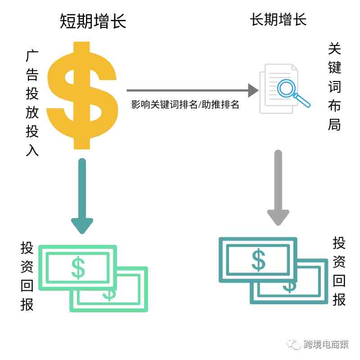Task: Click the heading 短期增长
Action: pyautogui.click(x=93, y=21)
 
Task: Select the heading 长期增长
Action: pyautogui.click(x=278, y=19)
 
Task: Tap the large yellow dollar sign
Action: pyautogui.click(x=82, y=95)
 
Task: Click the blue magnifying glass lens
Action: pyautogui.click(x=286, y=88)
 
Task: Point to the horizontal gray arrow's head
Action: pyautogui.click(x=253, y=90)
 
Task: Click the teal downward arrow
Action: pyautogui.click(x=82, y=196)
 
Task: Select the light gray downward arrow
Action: pyautogui.click(x=278, y=188)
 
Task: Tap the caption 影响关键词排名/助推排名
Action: pyautogui.click(x=185, y=104)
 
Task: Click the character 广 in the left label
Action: pyautogui.click(x=32, y=56)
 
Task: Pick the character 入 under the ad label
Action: pyautogui.click(x=32, y=150)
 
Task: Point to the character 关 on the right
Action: pyautogui.click(x=334, y=49)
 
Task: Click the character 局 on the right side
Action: pyautogui.click(x=334, y=125)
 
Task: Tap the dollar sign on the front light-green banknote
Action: pyautogui.click(x=78, y=268)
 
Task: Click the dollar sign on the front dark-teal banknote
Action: pyautogui.click(x=258, y=260)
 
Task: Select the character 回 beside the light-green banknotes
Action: pyautogui.click(x=27, y=286)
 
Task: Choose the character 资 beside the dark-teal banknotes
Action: pyautogui.click(x=339, y=262)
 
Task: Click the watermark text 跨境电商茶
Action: pyautogui.click(x=326, y=344)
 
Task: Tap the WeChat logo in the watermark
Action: pyautogui.click(x=294, y=344)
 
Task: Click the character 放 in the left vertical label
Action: pyautogui.click(x=32, y=112)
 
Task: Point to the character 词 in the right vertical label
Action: pyautogui.click(x=334, y=86)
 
